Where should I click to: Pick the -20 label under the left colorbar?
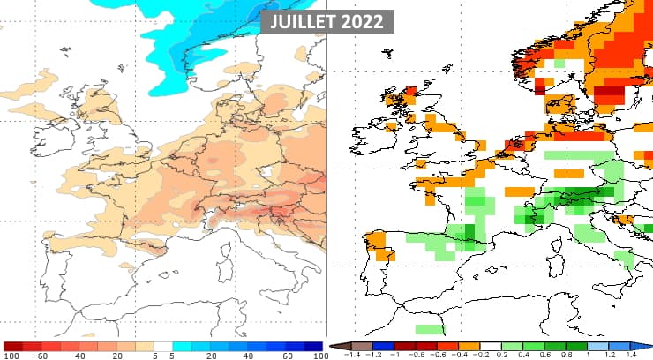[117, 355]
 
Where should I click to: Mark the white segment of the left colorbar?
[162, 346]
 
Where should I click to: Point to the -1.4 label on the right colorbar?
[351, 355]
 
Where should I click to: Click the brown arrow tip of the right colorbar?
[334, 346]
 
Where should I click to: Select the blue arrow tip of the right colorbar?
[647, 346]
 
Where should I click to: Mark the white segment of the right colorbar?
[492, 346]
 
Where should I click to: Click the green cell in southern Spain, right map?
[426, 328]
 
